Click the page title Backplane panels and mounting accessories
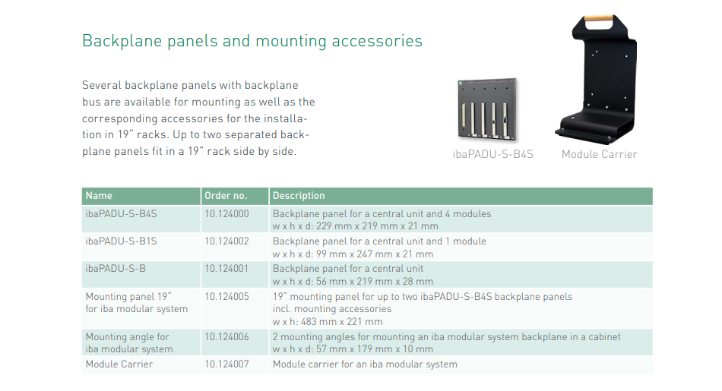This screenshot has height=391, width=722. pyautogui.click(x=252, y=41)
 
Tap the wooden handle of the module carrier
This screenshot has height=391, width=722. pyautogui.click(x=598, y=19)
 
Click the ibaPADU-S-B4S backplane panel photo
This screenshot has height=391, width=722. pyautogui.click(x=488, y=109)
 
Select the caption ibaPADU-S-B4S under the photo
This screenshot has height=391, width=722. pyautogui.click(x=492, y=154)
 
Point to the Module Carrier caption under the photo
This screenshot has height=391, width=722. pyautogui.click(x=599, y=154)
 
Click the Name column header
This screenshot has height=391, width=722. pyautogui.click(x=99, y=196)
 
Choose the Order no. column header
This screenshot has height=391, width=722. pyautogui.click(x=226, y=196)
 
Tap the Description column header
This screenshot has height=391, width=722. pyautogui.click(x=299, y=196)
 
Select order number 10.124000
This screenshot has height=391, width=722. pyautogui.click(x=226, y=214)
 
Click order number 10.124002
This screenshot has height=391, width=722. pyautogui.click(x=226, y=241)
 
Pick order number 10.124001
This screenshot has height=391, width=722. pyautogui.click(x=226, y=269)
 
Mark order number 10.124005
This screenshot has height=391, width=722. pyautogui.click(x=226, y=297)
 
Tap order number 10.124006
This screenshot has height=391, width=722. pyautogui.click(x=226, y=337)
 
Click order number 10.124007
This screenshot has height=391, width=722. pyautogui.click(x=226, y=364)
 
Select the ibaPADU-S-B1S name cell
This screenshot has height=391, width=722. pyautogui.click(x=121, y=241)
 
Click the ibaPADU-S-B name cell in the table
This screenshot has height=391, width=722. pyautogui.click(x=116, y=269)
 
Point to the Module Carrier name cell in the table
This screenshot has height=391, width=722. pyautogui.click(x=119, y=364)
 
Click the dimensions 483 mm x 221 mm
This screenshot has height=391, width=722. pyautogui.click(x=343, y=322)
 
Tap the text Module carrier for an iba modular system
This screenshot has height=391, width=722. pyautogui.click(x=365, y=364)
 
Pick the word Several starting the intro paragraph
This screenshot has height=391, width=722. pyautogui.click(x=102, y=86)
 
